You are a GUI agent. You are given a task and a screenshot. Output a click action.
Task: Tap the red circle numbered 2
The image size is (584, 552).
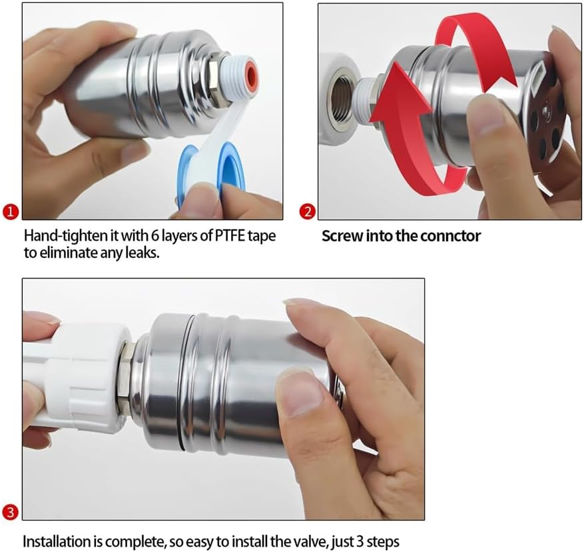pos(307,213)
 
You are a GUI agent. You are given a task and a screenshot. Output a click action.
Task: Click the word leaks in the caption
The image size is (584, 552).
pos(142,254)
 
